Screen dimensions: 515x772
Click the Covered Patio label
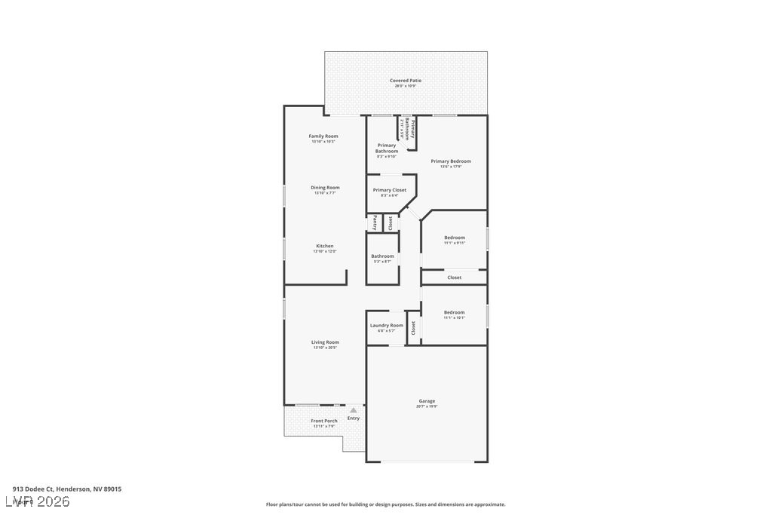[x=406, y=81]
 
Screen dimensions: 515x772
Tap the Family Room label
[x=323, y=136]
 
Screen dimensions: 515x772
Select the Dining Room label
[x=325, y=188]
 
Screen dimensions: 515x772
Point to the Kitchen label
[x=325, y=246]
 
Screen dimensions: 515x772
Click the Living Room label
[x=325, y=342]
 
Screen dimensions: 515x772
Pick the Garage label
[x=427, y=401]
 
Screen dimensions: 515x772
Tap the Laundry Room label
[x=386, y=326]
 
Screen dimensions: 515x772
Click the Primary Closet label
[x=389, y=190]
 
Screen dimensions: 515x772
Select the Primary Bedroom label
[x=451, y=161]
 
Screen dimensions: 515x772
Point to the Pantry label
[x=375, y=222]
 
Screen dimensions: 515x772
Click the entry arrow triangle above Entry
[x=353, y=410]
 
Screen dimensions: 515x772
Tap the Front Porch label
[x=324, y=421]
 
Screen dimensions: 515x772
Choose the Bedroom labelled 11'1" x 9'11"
[x=455, y=238]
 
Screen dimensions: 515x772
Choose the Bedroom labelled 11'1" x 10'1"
[x=455, y=312]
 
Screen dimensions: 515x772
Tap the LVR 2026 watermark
[x=37, y=501]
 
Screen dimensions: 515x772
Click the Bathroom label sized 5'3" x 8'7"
[x=382, y=256]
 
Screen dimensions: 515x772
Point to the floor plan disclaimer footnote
[x=385, y=504]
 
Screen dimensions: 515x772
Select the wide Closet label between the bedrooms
[x=455, y=277]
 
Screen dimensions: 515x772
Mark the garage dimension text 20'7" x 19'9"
[x=427, y=406]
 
